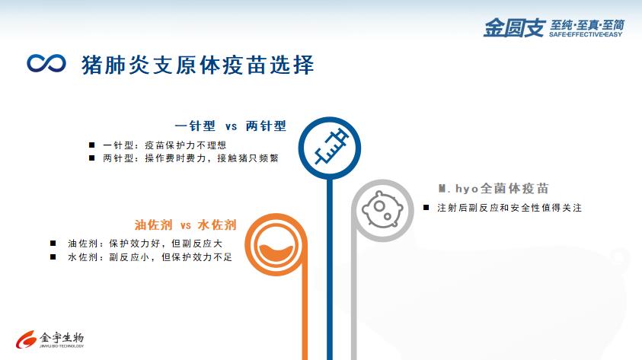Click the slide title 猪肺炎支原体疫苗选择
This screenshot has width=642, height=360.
[x=198, y=65]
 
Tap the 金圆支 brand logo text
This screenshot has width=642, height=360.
[x=514, y=28]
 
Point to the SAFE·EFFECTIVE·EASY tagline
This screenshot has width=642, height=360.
[x=586, y=34]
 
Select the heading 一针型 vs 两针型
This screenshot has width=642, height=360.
[x=231, y=126]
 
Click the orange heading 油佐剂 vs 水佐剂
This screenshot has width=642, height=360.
[x=186, y=225]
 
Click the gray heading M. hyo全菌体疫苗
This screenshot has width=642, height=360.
[x=493, y=188]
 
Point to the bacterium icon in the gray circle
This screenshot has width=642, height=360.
[x=382, y=209]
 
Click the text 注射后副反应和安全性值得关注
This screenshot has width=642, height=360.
[x=509, y=208]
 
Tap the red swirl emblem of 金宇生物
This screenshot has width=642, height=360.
[x=26, y=339]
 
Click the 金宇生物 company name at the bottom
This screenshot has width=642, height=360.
[x=62, y=337]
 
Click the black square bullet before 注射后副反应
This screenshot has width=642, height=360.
[x=426, y=208]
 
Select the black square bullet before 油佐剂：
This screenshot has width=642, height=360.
[x=53, y=244]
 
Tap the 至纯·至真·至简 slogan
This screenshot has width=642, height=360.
[x=586, y=25]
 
